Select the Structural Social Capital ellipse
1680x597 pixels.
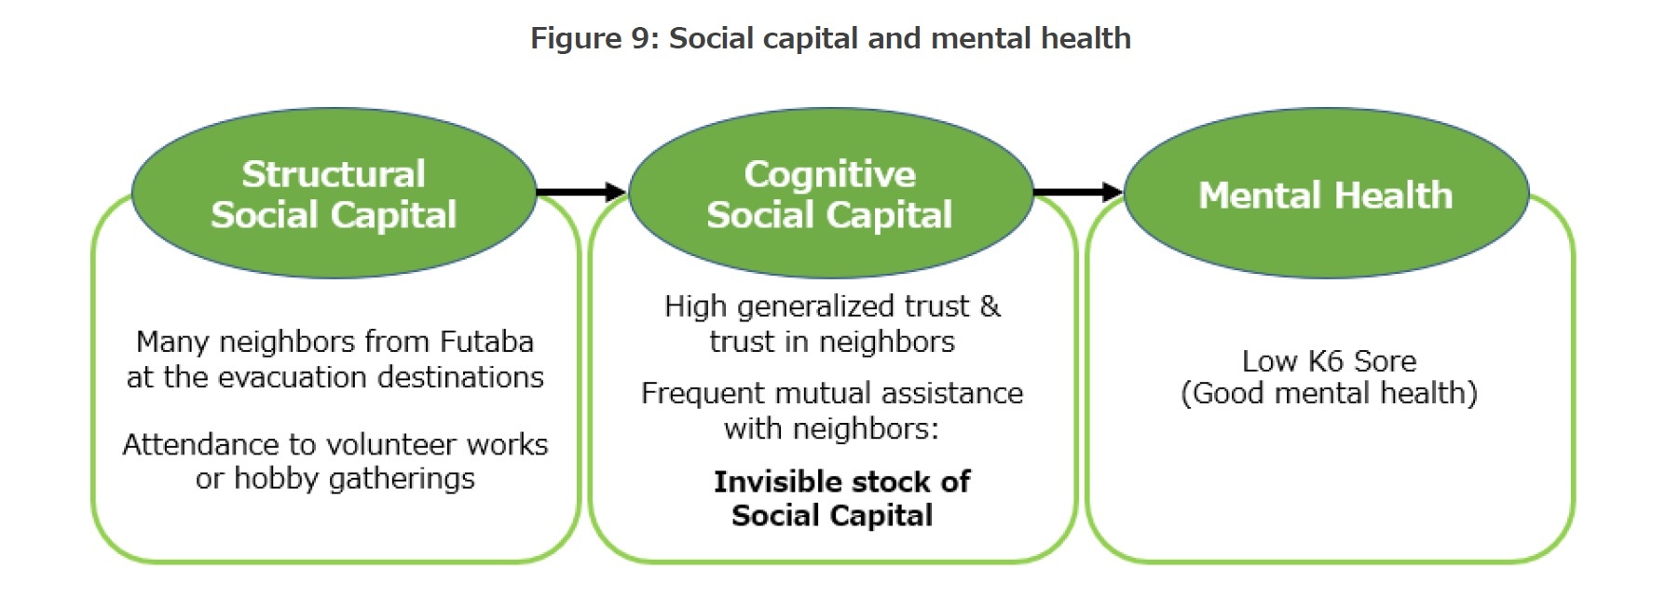click(334, 194)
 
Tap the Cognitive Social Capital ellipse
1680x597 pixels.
click(830, 194)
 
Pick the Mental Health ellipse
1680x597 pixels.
click(1326, 195)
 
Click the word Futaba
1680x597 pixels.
click(486, 342)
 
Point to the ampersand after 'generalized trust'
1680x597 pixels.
click(990, 306)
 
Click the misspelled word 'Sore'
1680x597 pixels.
click(1385, 360)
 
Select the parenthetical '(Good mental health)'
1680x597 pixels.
click(1329, 394)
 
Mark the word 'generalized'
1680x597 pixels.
click(813, 306)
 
